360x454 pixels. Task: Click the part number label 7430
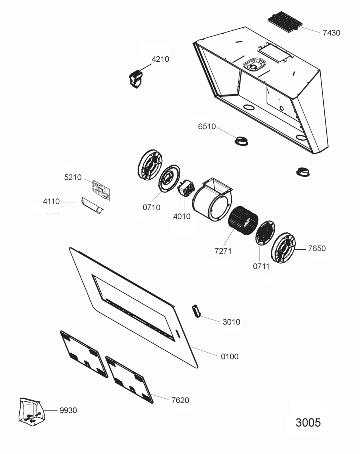[331, 33]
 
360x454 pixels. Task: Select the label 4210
[160, 59]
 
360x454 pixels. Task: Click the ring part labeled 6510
[241, 141]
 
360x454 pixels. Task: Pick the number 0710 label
[151, 207]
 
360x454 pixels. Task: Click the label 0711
[261, 266]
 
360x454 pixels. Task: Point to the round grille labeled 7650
[283, 249]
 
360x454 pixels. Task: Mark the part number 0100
[230, 356]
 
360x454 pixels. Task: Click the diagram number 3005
[308, 422]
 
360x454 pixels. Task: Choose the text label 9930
[68, 410]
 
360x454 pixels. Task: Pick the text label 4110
[51, 202]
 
